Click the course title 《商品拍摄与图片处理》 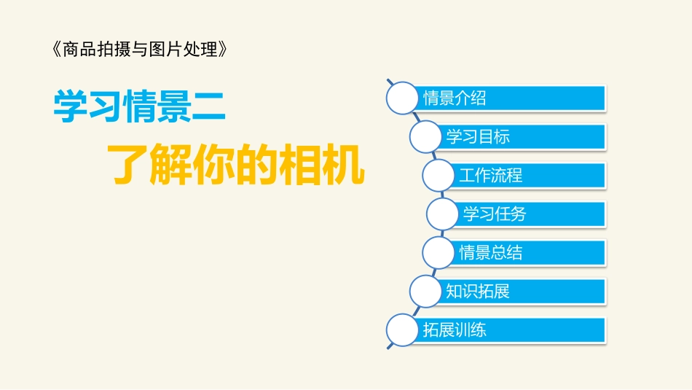coord(146,50)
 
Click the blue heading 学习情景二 coord(139,106)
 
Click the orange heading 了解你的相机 coord(235,165)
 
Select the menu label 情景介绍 coord(455,98)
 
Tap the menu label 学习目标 coord(478,136)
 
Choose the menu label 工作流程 coord(490,176)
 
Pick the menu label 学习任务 coord(495,214)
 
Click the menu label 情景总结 coord(490,253)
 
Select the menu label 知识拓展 coord(478,292)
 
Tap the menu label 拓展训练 coord(455,330)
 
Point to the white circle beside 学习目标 coord(426,136)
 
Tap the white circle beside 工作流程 coord(439,176)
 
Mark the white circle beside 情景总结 coord(439,253)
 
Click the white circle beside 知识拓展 coord(426,292)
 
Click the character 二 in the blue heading coord(209,106)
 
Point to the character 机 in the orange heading coord(342,165)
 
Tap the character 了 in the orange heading coord(128,165)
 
